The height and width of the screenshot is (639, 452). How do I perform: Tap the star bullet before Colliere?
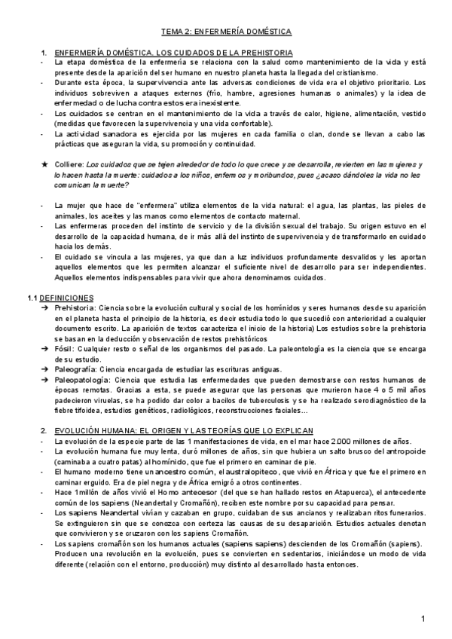(x=44, y=164)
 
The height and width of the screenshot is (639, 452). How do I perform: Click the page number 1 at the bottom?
(x=423, y=619)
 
